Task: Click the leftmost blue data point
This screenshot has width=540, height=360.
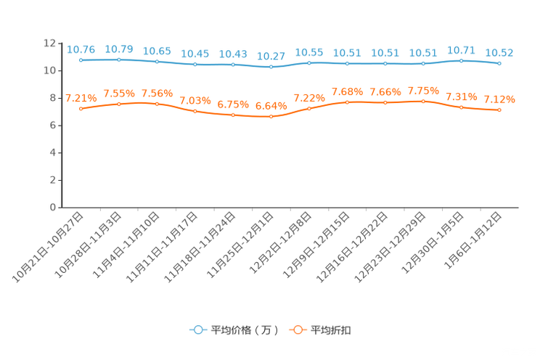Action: click(x=81, y=60)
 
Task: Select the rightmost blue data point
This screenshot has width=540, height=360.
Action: click(x=499, y=64)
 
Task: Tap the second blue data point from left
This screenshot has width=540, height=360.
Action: click(x=119, y=60)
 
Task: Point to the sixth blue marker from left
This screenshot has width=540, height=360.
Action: click(x=271, y=67)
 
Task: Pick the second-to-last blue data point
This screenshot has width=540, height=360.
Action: click(x=461, y=61)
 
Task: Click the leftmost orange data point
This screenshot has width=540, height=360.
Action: click(x=81, y=109)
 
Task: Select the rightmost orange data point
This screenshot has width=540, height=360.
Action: click(x=499, y=110)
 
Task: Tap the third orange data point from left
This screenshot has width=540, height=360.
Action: click(x=157, y=104)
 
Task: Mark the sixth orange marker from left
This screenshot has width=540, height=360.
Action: click(x=271, y=116)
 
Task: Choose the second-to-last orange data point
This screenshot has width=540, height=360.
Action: click(x=461, y=107)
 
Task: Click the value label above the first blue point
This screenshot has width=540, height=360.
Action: click(x=81, y=49)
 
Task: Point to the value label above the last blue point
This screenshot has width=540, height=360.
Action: click(x=499, y=52)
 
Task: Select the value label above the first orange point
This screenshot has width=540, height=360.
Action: click(x=81, y=98)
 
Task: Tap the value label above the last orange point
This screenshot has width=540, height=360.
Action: click(x=499, y=99)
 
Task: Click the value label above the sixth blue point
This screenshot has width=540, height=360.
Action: click(x=271, y=56)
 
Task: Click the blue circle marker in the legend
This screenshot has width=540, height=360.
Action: click(x=197, y=330)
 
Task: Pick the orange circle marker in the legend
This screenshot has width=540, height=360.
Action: click(x=297, y=330)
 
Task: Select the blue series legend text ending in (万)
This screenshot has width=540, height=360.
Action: click(x=245, y=330)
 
